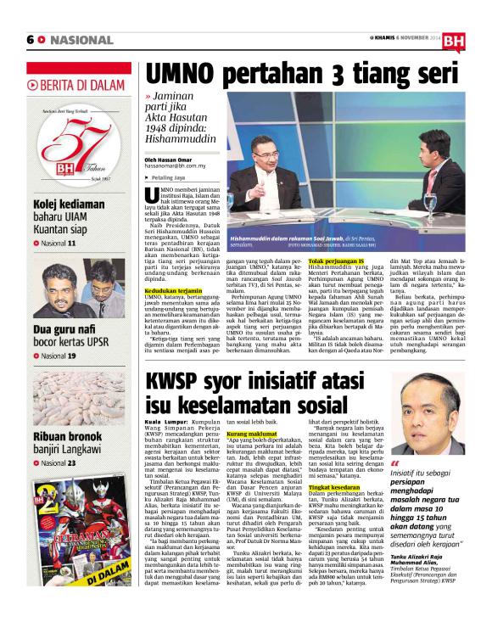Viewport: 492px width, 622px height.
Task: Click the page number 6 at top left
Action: tap(31, 39)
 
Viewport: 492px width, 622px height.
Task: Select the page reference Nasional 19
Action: tap(59, 356)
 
